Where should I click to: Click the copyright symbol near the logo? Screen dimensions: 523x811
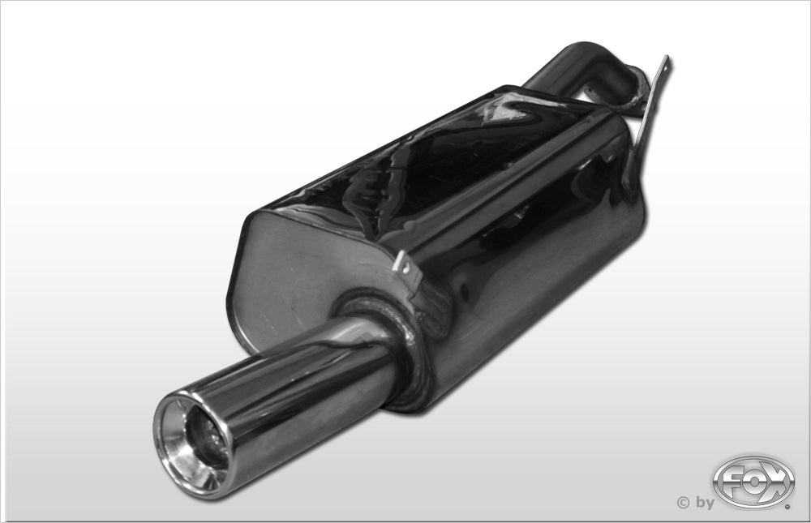click(682, 503)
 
